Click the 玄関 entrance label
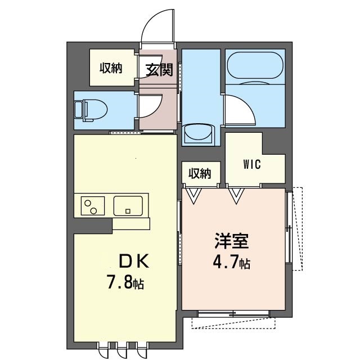[x=159, y=70]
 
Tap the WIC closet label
[x=252, y=164]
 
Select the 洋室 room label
[x=232, y=241]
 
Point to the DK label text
[x=134, y=262]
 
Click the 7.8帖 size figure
[x=125, y=282]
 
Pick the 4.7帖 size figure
[x=232, y=262]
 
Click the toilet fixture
[x=91, y=110]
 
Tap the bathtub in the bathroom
[x=255, y=65]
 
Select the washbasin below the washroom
[x=199, y=133]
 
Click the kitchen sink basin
[x=128, y=206]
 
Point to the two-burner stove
[x=92, y=206]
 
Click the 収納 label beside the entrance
[x=111, y=68]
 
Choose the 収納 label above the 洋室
[x=200, y=174]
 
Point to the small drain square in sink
[x=128, y=211]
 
